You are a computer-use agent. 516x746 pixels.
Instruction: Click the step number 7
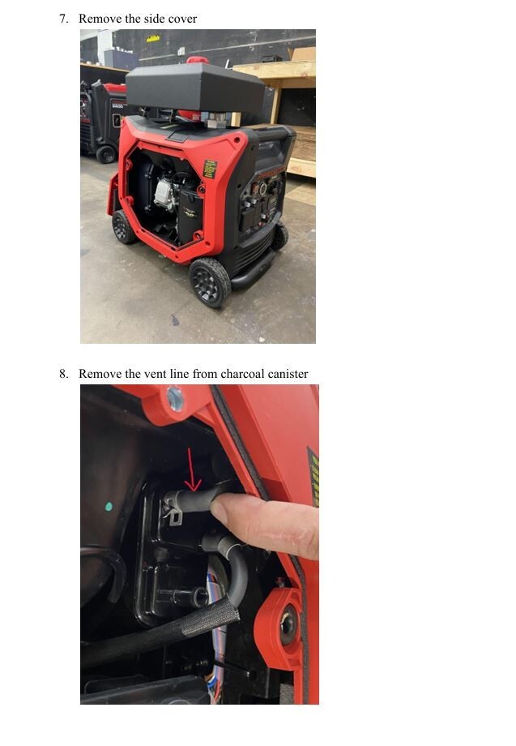tap(63, 19)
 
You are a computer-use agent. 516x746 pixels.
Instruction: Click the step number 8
tap(63, 374)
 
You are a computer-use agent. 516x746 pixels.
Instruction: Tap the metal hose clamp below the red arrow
tap(173, 511)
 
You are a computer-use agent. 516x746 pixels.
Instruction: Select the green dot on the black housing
tap(109, 507)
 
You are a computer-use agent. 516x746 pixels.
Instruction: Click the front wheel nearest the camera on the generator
tap(210, 282)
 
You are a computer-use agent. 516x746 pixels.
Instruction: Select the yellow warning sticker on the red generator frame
tap(210, 169)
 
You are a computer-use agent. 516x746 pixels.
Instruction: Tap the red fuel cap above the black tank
tap(196, 60)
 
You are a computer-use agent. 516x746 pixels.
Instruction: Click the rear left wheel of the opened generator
tap(124, 226)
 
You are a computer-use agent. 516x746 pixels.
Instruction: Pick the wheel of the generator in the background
tap(106, 153)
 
